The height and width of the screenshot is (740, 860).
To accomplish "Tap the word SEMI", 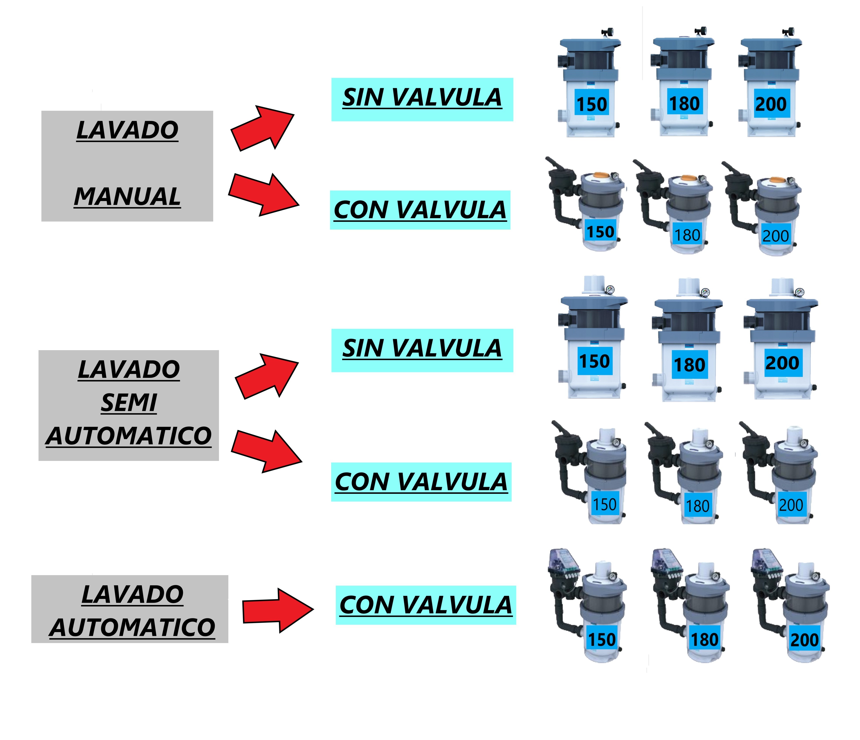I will pos(129,403).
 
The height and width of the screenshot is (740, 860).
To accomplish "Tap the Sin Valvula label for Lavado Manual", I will pos(422,99).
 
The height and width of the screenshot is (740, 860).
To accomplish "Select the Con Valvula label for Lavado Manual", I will pos(420,210).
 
